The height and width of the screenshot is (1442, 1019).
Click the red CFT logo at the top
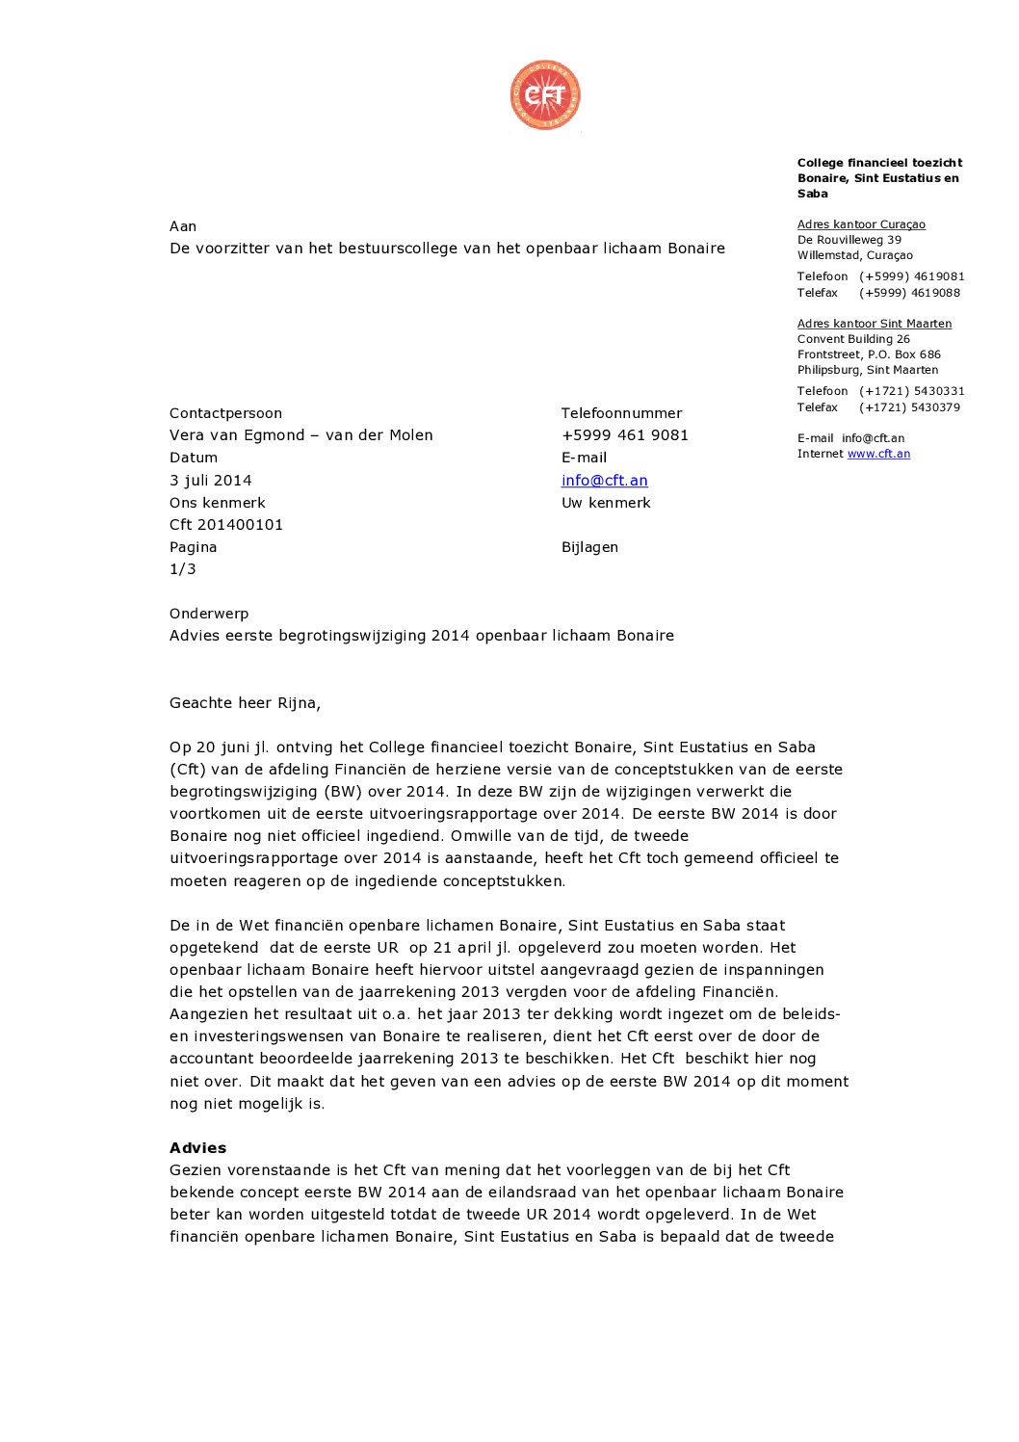click(x=545, y=95)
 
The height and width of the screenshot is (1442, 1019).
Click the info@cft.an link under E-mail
click(x=604, y=481)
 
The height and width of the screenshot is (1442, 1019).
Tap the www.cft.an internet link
click(x=878, y=454)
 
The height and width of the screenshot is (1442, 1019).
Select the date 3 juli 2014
click(x=210, y=481)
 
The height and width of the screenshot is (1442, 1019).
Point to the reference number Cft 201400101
click(x=226, y=525)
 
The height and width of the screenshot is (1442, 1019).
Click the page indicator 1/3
click(x=183, y=569)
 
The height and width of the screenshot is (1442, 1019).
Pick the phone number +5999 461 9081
click(x=624, y=435)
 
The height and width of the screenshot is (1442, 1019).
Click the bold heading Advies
click(x=197, y=1148)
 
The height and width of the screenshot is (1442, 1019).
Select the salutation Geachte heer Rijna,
click(x=245, y=703)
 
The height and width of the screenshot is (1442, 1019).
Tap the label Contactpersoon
click(x=225, y=413)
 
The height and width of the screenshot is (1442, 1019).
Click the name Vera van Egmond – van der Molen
click(x=300, y=435)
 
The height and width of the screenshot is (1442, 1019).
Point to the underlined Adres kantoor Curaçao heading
click(x=861, y=224)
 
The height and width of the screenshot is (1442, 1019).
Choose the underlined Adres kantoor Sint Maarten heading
click(x=874, y=324)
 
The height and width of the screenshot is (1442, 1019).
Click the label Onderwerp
click(x=209, y=614)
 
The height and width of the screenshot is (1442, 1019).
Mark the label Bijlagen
click(x=589, y=547)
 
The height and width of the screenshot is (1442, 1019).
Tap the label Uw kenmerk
click(x=606, y=503)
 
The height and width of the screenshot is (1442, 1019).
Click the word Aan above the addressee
click(x=183, y=226)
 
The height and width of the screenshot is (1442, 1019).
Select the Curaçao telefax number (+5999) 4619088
click(x=909, y=293)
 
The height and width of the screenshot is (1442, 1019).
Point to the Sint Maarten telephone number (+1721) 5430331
click(x=911, y=391)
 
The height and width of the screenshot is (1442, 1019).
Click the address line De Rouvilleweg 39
click(x=849, y=240)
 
